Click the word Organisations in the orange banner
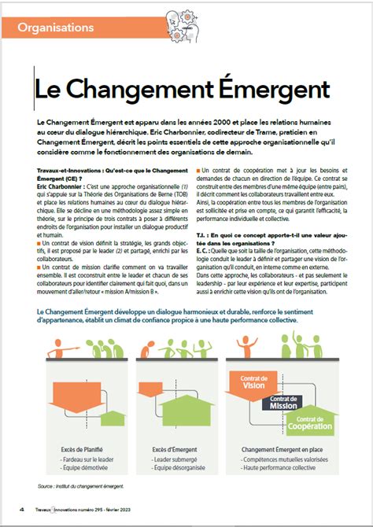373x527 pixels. tap(55, 28)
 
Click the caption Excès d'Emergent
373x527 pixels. tap(175, 450)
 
